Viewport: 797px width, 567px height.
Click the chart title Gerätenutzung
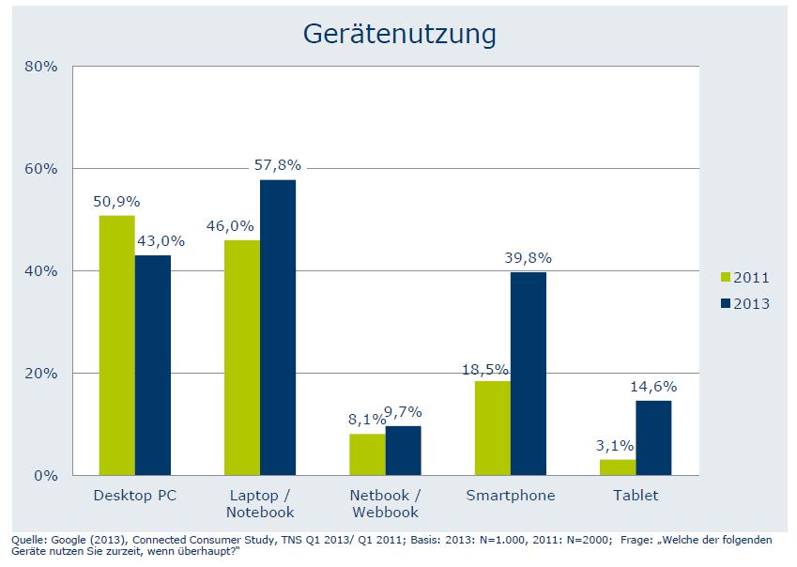399,34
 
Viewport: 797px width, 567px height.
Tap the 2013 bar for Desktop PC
152,365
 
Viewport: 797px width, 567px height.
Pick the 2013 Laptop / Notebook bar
278,328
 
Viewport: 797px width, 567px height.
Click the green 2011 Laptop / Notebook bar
242,358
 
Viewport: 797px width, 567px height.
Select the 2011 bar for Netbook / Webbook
367,454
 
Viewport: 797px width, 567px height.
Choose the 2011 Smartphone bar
493,428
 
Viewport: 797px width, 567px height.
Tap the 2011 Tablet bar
618,467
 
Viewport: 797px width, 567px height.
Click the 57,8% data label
278,166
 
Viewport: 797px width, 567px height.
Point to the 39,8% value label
529,258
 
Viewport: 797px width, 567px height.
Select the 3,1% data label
616,446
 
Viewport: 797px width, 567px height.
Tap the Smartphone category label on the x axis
511,496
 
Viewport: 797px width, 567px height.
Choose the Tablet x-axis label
636,496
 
